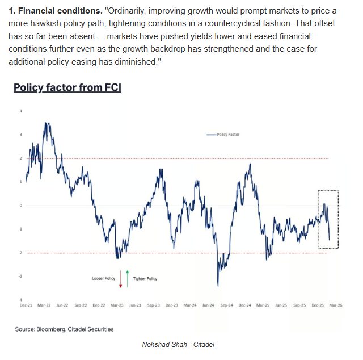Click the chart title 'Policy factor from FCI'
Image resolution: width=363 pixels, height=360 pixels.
[67, 87]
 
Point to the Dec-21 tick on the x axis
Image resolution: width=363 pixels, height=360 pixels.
[26, 305]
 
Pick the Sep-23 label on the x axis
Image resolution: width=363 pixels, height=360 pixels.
[153, 305]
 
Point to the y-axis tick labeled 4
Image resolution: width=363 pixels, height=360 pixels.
[21, 111]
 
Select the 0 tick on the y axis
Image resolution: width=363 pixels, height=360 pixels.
[21, 206]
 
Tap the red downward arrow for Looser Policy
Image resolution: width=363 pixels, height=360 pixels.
[121, 278]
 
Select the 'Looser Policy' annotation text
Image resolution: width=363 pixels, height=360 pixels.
[104, 279]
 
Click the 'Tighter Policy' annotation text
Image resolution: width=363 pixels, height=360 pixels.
[145, 279]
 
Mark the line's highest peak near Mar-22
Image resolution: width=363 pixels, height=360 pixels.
[45, 123]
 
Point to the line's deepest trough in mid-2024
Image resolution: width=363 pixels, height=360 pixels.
[218, 285]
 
